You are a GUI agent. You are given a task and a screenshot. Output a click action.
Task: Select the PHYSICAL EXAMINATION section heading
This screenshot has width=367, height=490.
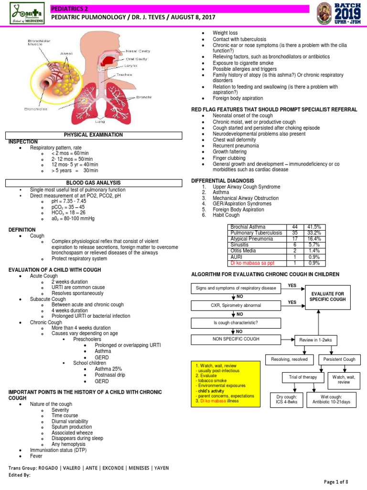(x=93, y=135)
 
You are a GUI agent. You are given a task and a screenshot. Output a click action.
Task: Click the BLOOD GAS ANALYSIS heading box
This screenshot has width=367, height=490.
(x=93, y=183)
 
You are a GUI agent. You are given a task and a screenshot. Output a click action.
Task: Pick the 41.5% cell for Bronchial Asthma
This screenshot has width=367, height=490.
(x=313, y=227)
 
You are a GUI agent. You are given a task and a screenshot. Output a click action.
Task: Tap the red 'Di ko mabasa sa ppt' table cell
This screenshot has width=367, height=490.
(x=256, y=263)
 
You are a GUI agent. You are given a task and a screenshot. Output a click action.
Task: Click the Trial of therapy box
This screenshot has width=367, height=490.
(x=303, y=378)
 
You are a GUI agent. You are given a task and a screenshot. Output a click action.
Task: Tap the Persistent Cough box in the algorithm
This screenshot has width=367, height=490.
(x=339, y=359)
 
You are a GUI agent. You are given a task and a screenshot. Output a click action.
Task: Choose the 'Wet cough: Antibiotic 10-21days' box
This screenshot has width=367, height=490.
(x=331, y=400)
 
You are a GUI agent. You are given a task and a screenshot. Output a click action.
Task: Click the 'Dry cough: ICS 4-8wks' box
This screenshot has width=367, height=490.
(x=287, y=400)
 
